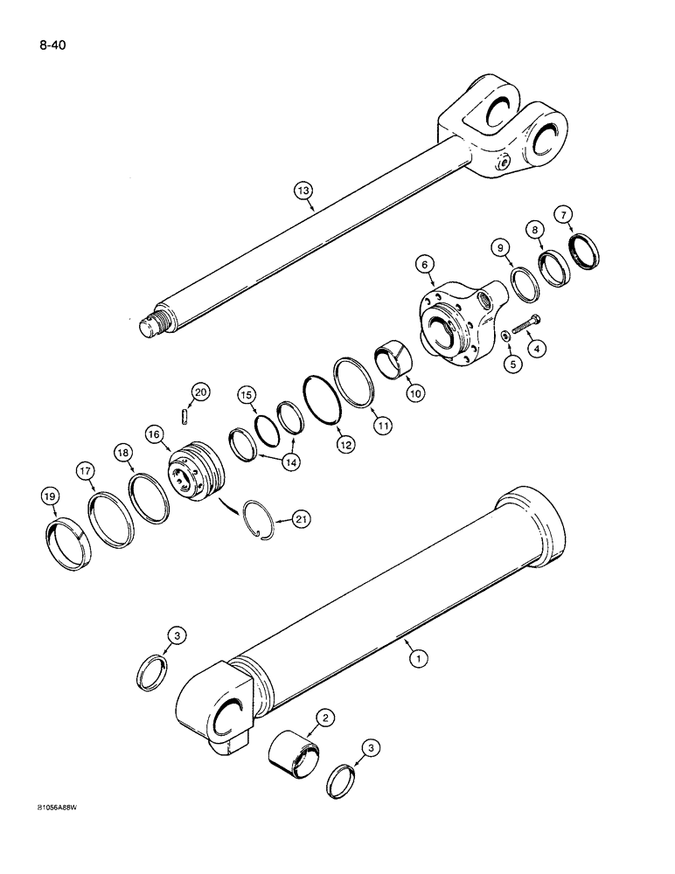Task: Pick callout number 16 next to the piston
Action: coord(155,434)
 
